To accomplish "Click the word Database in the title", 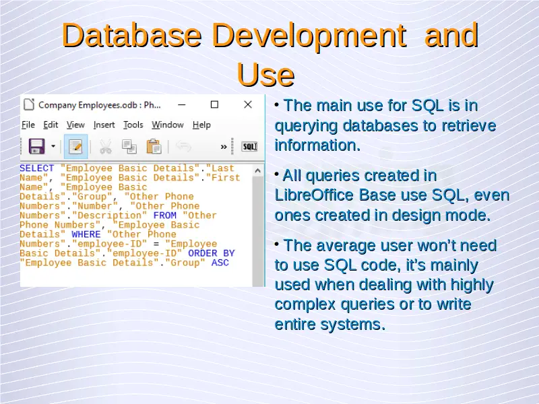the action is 131,36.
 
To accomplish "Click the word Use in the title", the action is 265,75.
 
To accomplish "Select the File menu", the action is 28,125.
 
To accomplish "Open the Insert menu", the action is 104,125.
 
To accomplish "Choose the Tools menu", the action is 133,125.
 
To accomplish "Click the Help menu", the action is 201,125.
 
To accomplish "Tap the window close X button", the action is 248,104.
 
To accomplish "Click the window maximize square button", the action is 214,104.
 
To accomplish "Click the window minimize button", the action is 182,105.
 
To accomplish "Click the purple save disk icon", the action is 37,146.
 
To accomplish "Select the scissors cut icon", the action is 106,147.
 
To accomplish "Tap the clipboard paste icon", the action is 154,146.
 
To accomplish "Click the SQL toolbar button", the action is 249,147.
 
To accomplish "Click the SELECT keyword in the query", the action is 37,168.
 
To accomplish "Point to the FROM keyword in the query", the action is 164,215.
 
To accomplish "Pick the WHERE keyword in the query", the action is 86,234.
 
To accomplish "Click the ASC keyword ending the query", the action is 220,263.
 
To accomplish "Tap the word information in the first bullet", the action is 317,145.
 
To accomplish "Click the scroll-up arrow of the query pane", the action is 258,171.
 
